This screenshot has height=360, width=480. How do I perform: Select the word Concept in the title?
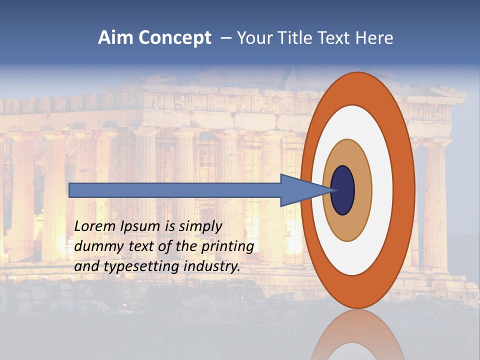pos(175,38)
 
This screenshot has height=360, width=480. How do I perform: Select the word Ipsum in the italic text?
pos(140,227)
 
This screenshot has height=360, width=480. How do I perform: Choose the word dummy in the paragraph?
pos(96,246)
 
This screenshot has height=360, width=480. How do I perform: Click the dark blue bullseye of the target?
pos(343,190)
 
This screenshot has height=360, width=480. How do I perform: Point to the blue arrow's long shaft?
pos(175,190)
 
